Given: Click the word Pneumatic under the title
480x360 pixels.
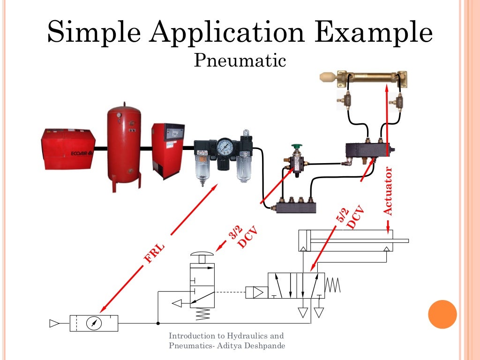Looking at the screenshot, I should point(240,60).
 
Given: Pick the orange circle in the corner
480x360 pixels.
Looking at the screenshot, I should point(442,314).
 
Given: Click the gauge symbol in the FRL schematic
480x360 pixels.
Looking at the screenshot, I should point(94,323).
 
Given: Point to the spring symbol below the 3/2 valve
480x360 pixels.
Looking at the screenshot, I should point(202,314).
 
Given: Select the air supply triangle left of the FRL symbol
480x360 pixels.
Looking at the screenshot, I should point(54,323).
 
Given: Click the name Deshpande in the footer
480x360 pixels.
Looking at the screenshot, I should point(265,345).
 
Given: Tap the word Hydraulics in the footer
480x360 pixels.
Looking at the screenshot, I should point(249,336).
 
